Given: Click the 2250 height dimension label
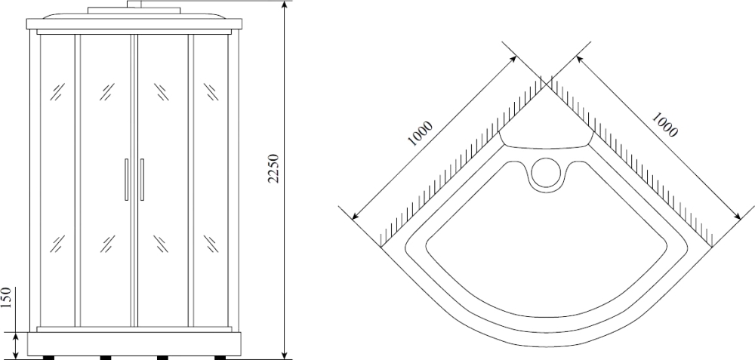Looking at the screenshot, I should click(x=274, y=170).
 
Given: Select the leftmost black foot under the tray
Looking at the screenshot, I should click(x=49, y=357).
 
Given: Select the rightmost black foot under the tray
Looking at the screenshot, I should click(x=219, y=357).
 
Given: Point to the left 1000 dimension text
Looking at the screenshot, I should click(x=420, y=134).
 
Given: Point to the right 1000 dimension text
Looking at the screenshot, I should click(x=664, y=125).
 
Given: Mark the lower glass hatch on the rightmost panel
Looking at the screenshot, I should click(x=211, y=244).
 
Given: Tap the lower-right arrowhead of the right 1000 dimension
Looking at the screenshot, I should click(x=738, y=217).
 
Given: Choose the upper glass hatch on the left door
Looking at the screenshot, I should click(x=105, y=92).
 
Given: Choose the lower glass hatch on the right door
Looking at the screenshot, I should click(x=160, y=244).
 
